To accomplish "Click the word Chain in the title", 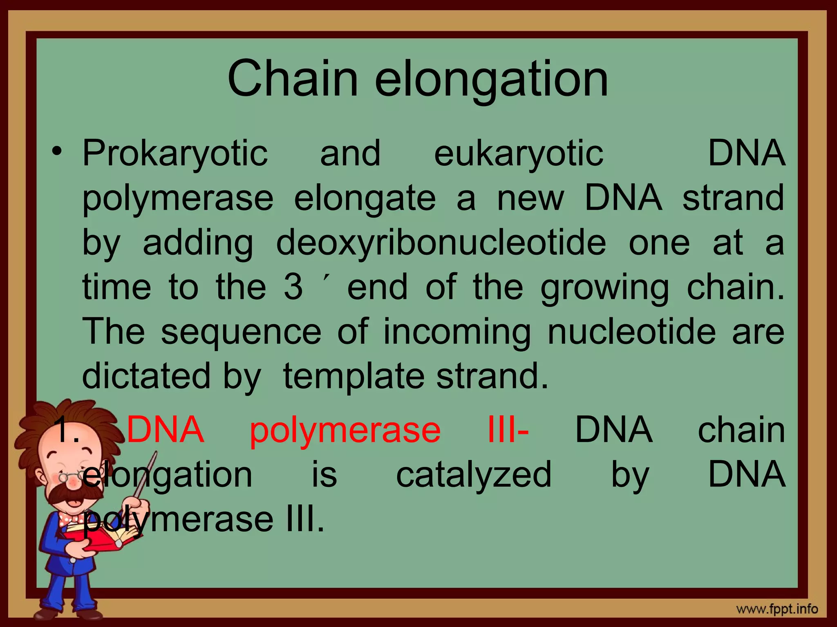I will pos(293,78).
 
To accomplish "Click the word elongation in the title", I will pos(491,80).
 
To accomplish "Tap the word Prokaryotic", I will pos(175,154).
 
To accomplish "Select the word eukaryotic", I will pos(518,154).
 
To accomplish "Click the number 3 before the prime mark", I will pos(293,287).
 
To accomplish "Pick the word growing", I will pos(605,288).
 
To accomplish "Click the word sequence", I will pos(241,331).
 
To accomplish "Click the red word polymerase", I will pos(345,430).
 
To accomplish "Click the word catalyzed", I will pos(474,474).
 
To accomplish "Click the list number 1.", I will pos(66,430).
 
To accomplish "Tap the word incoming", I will pos(457,332).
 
